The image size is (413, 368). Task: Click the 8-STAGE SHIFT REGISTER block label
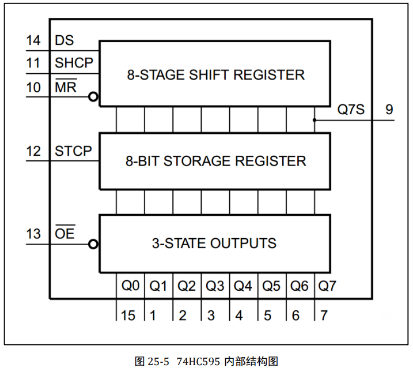215,74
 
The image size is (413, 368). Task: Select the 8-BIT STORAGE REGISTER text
215,161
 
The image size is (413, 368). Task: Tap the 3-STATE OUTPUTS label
214,243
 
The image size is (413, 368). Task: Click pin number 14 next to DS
33,41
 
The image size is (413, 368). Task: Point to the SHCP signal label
74,63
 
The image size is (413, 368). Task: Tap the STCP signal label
73,152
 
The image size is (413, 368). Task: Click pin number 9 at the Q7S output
390,110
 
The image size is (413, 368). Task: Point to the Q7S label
351,110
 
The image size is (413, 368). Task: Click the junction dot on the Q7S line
315,120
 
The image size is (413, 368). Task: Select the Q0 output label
130,285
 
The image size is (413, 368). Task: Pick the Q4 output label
243,285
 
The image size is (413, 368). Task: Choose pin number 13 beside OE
33,234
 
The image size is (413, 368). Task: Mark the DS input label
65,41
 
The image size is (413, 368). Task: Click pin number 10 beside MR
33,87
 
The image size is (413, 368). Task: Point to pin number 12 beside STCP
33,152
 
